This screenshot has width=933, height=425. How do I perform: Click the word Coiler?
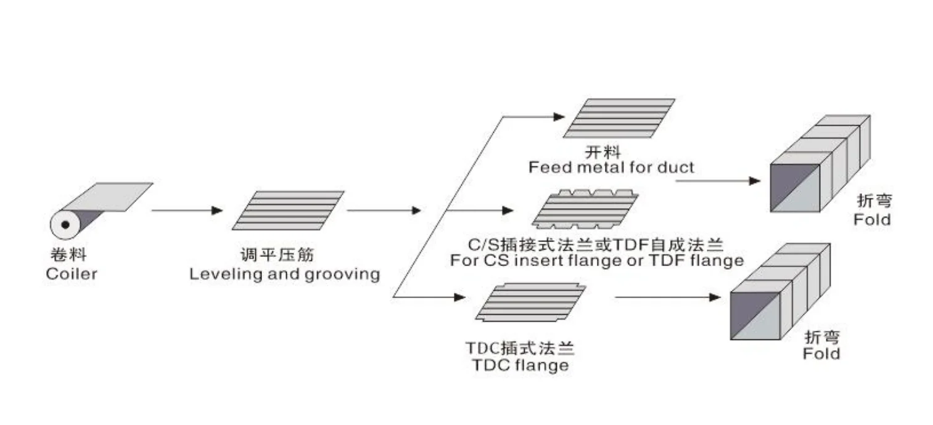[x=72, y=273]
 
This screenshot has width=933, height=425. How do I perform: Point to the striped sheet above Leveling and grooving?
[x=288, y=210]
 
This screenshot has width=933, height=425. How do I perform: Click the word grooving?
[x=342, y=273]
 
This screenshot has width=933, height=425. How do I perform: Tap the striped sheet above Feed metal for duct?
[x=619, y=118]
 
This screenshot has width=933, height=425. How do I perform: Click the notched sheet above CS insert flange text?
[x=585, y=210]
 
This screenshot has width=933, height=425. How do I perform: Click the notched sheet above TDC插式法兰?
[x=530, y=302]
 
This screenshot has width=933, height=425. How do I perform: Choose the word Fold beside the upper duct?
[x=872, y=219]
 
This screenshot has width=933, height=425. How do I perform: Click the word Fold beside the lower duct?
[x=821, y=354]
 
